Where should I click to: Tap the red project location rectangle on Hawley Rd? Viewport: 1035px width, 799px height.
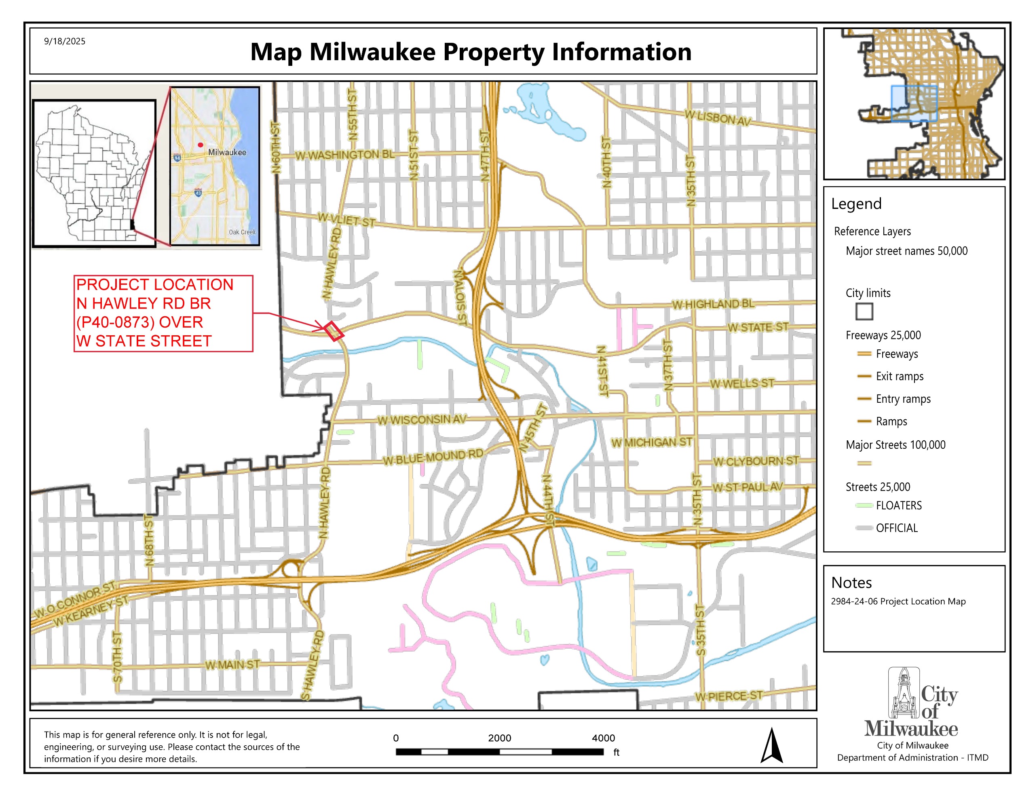point(334,331)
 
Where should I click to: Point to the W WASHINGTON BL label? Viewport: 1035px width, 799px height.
point(344,155)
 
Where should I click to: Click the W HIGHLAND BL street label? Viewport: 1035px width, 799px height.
point(713,304)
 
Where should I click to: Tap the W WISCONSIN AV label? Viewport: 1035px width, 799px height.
point(422,420)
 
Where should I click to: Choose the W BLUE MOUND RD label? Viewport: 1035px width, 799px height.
point(433,457)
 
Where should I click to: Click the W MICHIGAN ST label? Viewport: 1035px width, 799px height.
point(652,442)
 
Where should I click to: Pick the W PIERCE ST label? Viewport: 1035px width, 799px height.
point(729,696)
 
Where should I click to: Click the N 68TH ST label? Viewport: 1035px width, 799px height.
point(149,540)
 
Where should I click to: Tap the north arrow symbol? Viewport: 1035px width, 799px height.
point(771,746)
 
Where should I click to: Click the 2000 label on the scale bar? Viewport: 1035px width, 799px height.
point(499,738)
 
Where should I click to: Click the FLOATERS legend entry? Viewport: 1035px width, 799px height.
point(898,505)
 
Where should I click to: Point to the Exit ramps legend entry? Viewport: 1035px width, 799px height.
point(900,376)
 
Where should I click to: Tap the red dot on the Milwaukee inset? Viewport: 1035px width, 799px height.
point(201,145)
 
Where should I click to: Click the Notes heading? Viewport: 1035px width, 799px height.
point(851,582)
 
